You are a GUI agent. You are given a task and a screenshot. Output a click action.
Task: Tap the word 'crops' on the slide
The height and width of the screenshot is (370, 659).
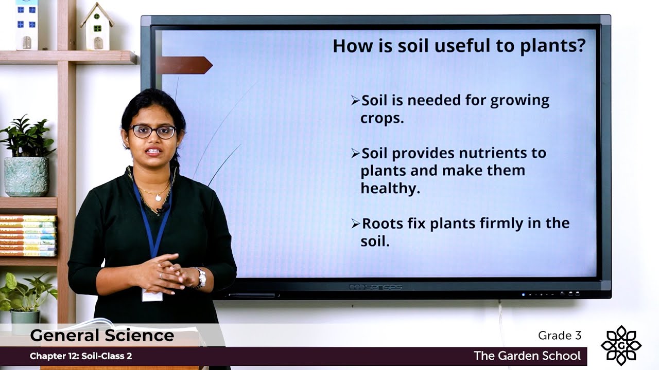(381, 118)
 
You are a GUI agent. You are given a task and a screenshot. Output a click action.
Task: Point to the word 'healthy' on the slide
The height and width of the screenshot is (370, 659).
(390, 189)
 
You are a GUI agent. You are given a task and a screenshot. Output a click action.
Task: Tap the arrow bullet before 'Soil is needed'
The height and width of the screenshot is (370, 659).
(355, 101)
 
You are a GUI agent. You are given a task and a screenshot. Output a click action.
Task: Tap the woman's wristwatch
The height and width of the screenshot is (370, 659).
(200, 277)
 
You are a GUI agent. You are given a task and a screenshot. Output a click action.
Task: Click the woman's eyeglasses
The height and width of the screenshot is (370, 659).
(152, 132)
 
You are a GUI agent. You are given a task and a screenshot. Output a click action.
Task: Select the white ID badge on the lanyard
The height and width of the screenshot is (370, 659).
(152, 295)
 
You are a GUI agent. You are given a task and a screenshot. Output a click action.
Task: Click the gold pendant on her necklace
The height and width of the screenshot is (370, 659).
(158, 198)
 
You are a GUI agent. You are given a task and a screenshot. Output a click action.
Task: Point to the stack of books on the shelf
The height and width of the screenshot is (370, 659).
(28, 235)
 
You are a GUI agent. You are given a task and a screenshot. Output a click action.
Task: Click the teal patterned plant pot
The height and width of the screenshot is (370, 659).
(26, 176)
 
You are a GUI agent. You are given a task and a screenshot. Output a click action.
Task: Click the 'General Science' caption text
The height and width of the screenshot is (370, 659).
(102, 336)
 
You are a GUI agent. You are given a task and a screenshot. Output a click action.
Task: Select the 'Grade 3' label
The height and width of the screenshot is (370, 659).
(560, 336)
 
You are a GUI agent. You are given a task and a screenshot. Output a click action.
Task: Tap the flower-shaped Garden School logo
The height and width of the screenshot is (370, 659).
(621, 345)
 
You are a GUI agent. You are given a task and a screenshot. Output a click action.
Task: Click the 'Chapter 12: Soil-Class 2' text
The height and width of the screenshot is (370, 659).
(81, 356)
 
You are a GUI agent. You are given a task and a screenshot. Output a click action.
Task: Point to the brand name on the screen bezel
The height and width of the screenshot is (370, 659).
(375, 287)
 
